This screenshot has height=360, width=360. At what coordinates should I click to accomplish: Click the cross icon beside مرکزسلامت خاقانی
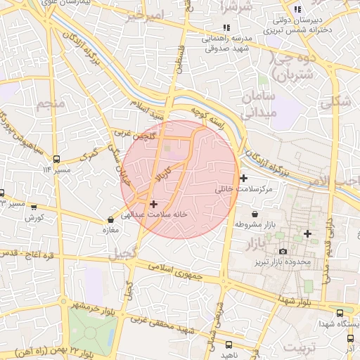click(x=244, y=178)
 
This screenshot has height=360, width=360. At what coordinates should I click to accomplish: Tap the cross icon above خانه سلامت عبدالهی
click(x=154, y=204)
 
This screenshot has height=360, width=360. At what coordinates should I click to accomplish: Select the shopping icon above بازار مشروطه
click(x=254, y=214)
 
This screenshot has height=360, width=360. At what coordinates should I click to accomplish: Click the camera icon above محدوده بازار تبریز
click(x=283, y=251)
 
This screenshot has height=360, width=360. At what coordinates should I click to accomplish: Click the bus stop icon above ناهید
click(x=229, y=345)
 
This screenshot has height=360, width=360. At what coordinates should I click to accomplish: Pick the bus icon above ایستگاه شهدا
click(x=340, y=313)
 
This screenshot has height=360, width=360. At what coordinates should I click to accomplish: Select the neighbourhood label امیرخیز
click(x=147, y=15)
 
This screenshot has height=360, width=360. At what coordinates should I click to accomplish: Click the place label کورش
click(x=34, y=217)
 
